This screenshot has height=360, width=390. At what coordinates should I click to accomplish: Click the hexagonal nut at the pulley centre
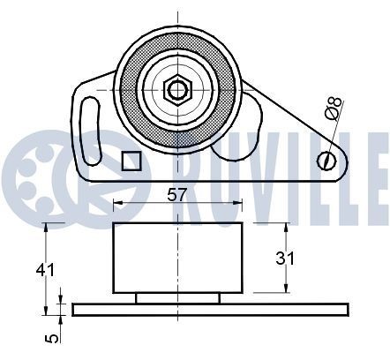point(177,88)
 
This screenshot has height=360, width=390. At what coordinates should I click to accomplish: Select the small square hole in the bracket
point(130,160)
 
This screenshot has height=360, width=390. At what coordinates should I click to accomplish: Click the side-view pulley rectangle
point(177,259)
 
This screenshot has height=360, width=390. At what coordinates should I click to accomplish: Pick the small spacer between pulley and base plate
point(177,298)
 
